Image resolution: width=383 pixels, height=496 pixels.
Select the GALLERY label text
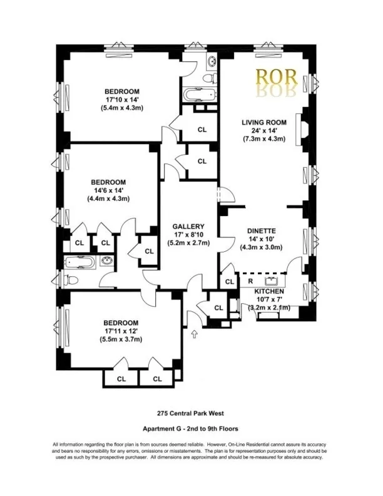click(188, 226)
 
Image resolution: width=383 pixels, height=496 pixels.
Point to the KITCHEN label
click(269, 292)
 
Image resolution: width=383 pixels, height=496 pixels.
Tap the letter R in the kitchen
click(250, 281)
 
